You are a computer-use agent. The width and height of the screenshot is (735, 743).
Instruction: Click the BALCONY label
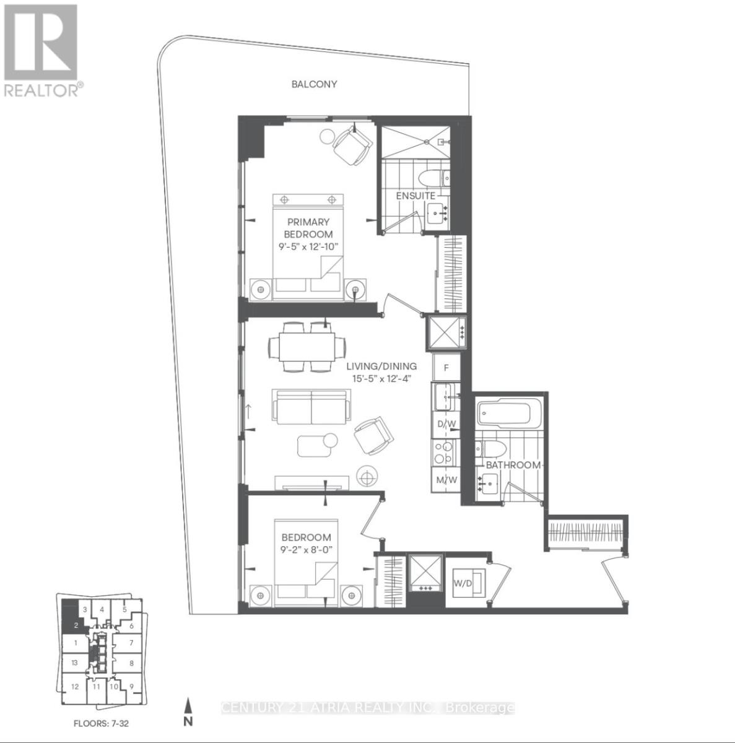pos(315,84)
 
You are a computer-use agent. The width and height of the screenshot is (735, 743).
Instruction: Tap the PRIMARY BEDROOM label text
pos(308,228)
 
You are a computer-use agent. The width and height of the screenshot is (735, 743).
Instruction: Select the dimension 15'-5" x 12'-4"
pos(381,378)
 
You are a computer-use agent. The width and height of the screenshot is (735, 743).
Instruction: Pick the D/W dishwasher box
pos(446,424)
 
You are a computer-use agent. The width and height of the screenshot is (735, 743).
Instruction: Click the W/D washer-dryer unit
pos(468,583)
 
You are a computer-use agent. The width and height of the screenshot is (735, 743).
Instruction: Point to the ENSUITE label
pos(415,196)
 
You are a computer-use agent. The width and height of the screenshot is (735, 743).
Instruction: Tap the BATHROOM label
pos(513,464)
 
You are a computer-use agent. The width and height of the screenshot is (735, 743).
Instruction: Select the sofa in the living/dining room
pos(310,406)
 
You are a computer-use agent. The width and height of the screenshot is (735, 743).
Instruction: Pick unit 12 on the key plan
pos(74,686)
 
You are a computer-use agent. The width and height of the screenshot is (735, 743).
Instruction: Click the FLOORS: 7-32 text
pos(101,723)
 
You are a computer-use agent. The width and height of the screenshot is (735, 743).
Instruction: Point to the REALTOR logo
pos(41,50)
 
